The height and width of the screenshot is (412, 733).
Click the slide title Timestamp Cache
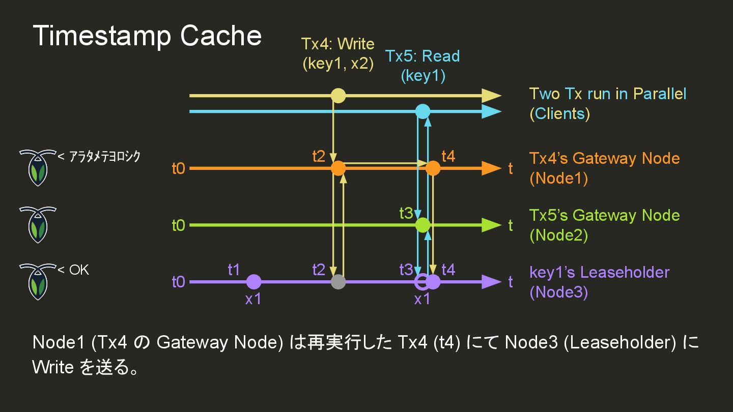[147, 36]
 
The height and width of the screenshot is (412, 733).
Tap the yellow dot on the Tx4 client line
[338, 96]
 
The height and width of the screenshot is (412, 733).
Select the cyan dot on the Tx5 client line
[422, 111]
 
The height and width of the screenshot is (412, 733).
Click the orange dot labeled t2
[338, 168]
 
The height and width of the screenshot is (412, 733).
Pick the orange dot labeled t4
[433, 168]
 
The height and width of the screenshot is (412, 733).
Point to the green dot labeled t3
[422, 224]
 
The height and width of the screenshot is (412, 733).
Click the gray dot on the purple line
[338, 281]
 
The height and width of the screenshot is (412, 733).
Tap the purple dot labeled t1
[253, 281]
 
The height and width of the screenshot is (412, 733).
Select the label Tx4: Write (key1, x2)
[338, 53]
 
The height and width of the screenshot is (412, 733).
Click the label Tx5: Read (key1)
[422, 66]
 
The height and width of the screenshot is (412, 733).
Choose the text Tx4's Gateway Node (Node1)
[604, 168]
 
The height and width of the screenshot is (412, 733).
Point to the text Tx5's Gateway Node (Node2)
[604, 225]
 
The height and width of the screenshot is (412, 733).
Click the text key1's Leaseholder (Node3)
[599, 282]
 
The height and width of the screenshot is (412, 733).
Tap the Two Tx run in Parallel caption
[607, 103]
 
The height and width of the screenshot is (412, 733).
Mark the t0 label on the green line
[178, 225]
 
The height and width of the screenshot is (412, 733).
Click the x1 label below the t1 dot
[253, 299]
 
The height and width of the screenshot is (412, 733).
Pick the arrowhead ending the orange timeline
[491, 168]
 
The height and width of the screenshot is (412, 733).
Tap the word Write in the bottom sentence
[53, 367]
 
